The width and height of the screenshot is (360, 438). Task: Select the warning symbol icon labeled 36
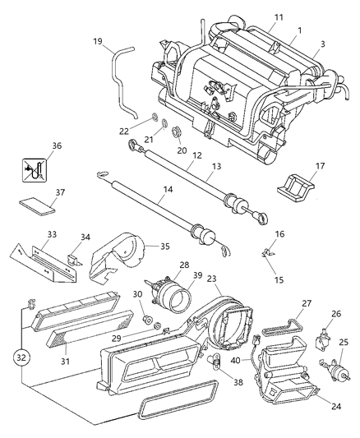pyautogui.click(x=34, y=173)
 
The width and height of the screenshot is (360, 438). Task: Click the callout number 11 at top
pyautogui.click(x=256, y=16)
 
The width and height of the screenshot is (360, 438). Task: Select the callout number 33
pyautogui.click(x=51, y=234)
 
